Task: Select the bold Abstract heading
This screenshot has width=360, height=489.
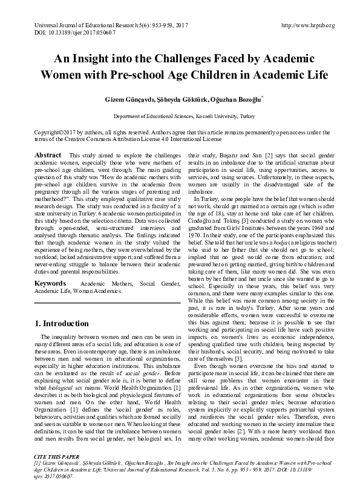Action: point(48,156)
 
